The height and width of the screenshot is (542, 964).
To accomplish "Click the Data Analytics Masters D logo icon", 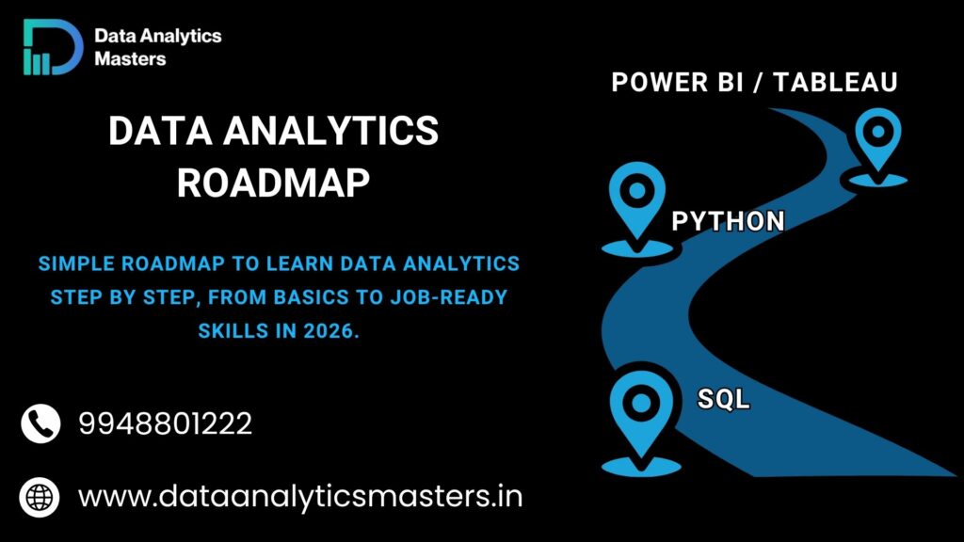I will click(53, 47).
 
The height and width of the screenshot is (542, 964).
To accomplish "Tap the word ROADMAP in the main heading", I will click(273, 183).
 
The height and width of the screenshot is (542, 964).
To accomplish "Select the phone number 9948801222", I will click(165, 424).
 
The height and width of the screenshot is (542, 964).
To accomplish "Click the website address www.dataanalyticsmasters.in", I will click(300, 496).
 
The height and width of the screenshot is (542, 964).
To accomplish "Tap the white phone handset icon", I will click(40, 423).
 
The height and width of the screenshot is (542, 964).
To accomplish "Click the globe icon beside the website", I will click(40, 496).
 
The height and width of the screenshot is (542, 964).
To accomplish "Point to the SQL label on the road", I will click(723, 399).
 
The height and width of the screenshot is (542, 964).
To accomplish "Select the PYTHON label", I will click(728, 221).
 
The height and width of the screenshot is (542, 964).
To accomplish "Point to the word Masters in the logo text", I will click(130, 58).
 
